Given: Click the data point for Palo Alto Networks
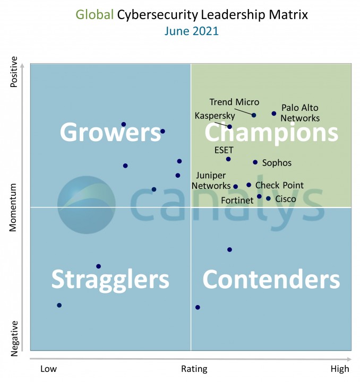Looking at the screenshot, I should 274,114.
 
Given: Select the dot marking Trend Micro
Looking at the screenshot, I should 254,115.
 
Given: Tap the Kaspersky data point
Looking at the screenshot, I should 230,127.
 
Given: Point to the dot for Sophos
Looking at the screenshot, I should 255,162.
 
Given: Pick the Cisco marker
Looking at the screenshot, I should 269,198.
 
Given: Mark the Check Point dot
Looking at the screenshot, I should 248,185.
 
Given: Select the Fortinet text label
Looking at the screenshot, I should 236,201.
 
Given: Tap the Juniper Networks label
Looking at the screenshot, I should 211,180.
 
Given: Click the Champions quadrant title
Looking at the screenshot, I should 271,133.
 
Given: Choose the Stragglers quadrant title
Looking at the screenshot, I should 110,279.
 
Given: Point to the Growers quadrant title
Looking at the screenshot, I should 110,132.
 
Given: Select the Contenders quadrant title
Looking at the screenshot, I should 271,279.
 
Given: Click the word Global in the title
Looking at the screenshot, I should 95,14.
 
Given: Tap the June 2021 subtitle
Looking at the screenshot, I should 191,31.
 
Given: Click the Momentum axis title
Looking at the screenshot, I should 14,207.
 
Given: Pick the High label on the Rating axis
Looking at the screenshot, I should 340,369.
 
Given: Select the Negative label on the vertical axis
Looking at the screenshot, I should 14,338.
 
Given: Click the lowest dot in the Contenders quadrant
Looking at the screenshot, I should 198,307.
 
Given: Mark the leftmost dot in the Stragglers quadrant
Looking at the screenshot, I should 59,305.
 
